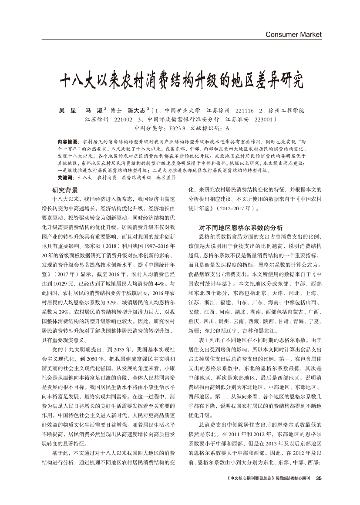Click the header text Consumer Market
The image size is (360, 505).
[293, 34]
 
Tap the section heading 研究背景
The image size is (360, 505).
[65, 190]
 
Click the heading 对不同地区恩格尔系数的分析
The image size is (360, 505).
[241, 227]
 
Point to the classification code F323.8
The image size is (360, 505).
[176, 128]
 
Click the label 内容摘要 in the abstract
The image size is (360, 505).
[66, 142]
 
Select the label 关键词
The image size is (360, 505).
[64, 178]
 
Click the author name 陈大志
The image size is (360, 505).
[136, 111]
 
